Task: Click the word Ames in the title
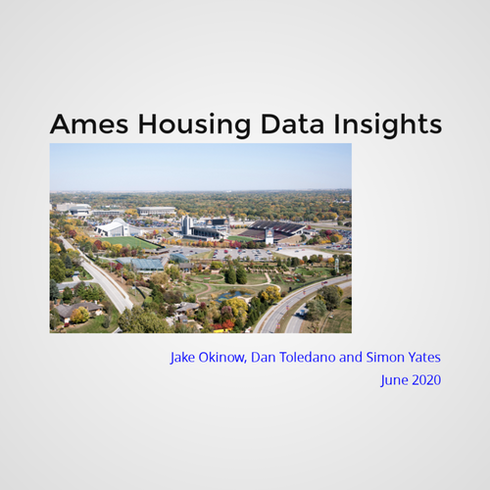tap(89, 123)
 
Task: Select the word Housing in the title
tap(195, 124)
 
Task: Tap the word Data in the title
tap(292, 123)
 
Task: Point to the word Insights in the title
tap(388, 124)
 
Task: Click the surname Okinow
tap(222, 358)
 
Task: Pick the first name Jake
tap(182, 358)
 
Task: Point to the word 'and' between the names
tap(351, 358)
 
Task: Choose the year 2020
tap(426, 380)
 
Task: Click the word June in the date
tap(394, 381)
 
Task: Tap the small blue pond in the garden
tap(232, 295)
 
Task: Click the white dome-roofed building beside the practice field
tap(112, 227)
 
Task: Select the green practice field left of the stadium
tap(129, 243)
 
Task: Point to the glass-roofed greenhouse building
tap(145, 264)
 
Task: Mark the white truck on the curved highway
tap(303, 312)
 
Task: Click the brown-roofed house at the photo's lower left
tap(77, 309)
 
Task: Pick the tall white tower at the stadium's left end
tap(186, 225)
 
